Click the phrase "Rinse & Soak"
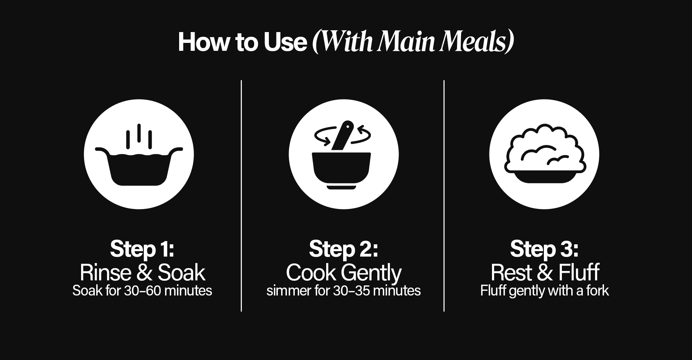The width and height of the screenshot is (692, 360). [142, 272]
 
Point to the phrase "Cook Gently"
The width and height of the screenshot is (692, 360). [343, 273]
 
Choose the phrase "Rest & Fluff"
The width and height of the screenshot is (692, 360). [545, 272]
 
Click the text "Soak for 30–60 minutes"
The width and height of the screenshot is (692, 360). [142, 290]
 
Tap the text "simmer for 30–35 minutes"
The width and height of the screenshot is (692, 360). [343, 290]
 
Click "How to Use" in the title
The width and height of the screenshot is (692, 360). [242, 42]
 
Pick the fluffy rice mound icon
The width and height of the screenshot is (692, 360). [545, 154]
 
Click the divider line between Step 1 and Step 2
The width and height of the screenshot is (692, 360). [241, 196]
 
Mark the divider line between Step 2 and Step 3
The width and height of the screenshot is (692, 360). [444, 196]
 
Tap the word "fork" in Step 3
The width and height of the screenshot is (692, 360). [598, 290]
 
